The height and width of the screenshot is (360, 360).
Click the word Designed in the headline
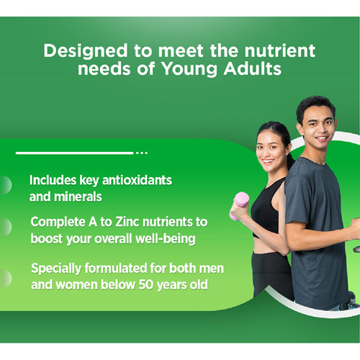(86, 51)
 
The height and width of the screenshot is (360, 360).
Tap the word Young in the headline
(189, 69)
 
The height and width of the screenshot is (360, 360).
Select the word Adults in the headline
(252, 69)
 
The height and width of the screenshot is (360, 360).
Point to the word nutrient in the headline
(279, 50)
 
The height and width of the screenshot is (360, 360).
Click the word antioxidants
(137, 180)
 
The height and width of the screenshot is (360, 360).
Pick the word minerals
(78, 197)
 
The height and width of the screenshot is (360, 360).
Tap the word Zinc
(127, 222)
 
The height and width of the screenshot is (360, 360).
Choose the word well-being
(166, 239)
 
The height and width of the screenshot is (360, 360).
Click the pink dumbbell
(240, 205)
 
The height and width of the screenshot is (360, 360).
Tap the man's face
(318, 127)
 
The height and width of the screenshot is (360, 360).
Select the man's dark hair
(315, 107)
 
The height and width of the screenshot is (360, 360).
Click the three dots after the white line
(142, 153)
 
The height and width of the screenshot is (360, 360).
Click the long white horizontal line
(74, 153)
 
